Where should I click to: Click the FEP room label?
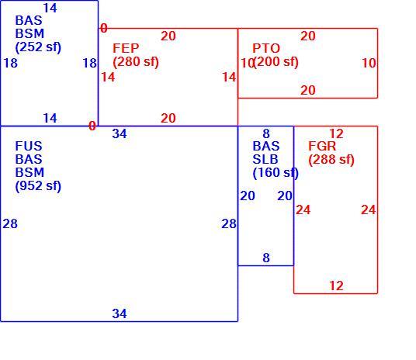click(x=126, y=48)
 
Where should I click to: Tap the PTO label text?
click(x=266, y=48)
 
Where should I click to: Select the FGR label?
click(x=322, y=146)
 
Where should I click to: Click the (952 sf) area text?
click(x=38, y=186)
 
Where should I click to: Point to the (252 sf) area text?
click(x=38, y=47)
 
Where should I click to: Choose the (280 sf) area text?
click(x=136, y=62)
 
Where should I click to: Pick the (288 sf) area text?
click(x=331, y=160)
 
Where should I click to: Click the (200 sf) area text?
click(x=276, y=62)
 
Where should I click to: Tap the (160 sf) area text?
click(x=276, y=173)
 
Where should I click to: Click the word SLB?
click(x=265, y=160)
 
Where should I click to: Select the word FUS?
click(x=29, y=146)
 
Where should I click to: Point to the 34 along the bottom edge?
click(x=120, y=313)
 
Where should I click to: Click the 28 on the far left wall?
click(x=10, y=223)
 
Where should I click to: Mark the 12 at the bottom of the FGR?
click(x=336, y=286)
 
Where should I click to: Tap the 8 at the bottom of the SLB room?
click(x=266, y=258)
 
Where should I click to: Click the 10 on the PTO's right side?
click(x=369, y=63)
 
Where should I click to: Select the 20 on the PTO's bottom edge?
click(x=308, y=90)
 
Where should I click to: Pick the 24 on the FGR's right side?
click(x=369, y=209)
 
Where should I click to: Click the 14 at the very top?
click(x=50, y=8)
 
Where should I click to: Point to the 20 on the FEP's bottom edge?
click(x=168, y=118)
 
